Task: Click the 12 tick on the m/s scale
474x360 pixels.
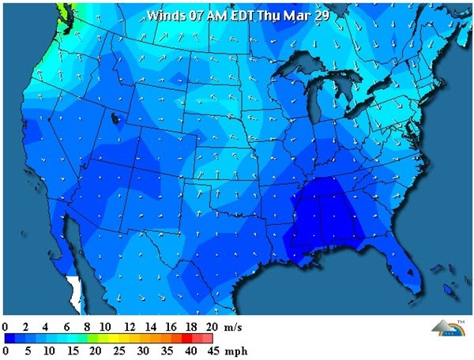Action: (130, 326)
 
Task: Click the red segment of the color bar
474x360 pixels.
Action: (201, 337)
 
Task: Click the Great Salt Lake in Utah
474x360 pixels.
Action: (117, 120)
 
